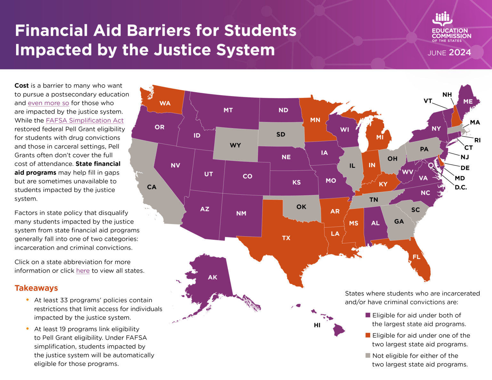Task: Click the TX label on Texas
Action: point(286,238)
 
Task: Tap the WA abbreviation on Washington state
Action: point(165,103)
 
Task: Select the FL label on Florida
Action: point(416,257)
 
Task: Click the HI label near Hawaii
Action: point(317,325)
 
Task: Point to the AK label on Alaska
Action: point(213,277)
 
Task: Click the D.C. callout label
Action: point(461,187)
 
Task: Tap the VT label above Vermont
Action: point(428,101)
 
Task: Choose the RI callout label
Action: point(477,140)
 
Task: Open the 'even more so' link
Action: point(48,103)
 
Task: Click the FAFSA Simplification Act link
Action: point(85,120)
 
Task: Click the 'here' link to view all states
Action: point(83,271)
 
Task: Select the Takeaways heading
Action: point(36,288)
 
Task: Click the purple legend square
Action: point(368,315)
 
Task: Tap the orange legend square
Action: point(368,336)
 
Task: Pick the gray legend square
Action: point(368,356)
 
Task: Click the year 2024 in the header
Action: point(460,53)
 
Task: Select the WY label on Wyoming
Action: point(235,145)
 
